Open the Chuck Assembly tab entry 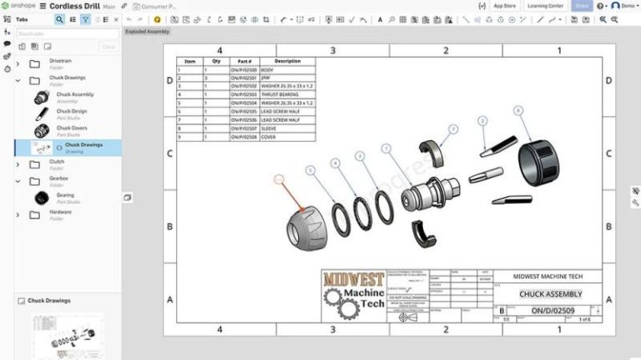coord(74,95)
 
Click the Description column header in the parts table coord(287,61)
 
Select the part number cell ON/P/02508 coord(244,135)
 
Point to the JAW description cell coord(267,78)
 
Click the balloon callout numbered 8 coord(517,110)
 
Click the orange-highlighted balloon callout coord(280,178)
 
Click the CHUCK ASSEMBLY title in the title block coord(551,294)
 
